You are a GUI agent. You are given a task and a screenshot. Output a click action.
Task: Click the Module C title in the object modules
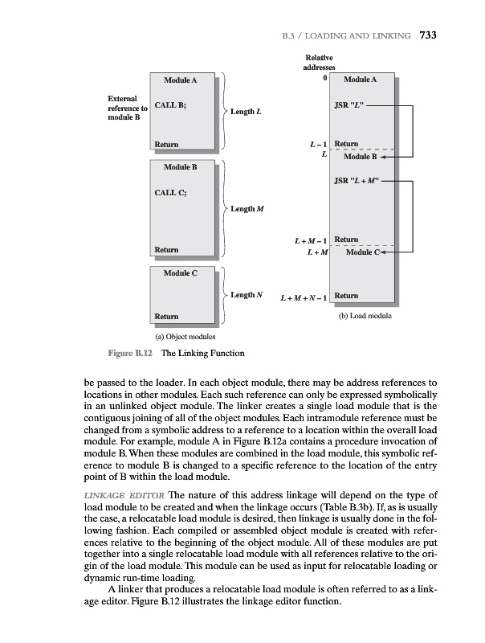(x=180, y=274)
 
